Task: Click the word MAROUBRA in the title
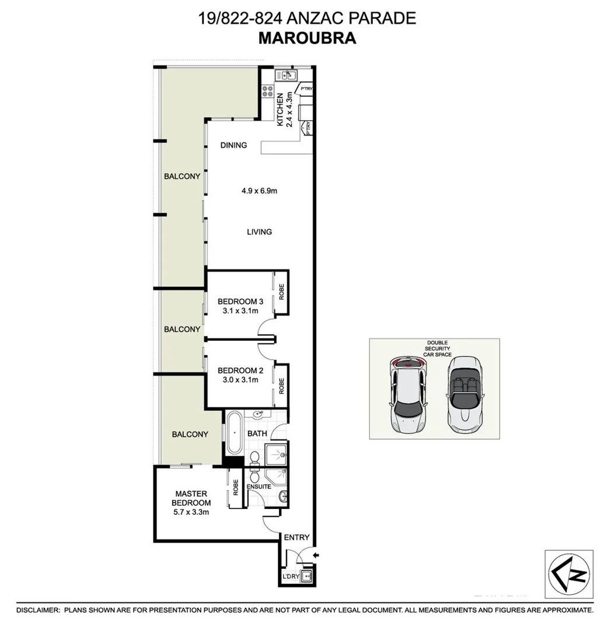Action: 306,39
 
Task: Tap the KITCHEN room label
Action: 280,109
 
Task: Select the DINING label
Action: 233,145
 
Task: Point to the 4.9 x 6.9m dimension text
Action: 259,190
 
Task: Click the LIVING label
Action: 259,232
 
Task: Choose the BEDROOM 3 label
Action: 240,301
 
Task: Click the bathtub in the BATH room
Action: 234,433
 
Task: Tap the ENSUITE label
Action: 259,486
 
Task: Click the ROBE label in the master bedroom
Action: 236,487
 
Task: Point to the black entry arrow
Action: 316,554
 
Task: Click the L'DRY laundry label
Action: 291,577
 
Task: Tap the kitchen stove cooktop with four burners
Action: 268,91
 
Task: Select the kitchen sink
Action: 287,75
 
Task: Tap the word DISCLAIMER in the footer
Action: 38,610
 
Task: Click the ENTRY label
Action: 296,538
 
